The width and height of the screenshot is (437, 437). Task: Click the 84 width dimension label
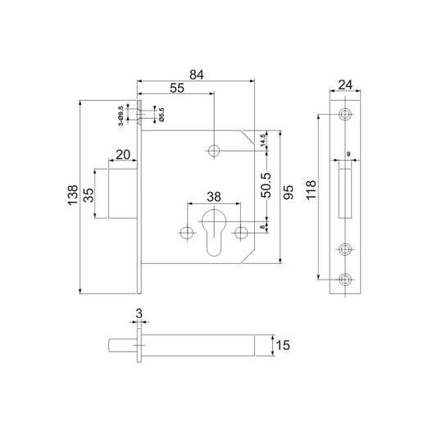[197, 75]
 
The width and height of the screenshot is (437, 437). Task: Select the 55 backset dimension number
[177, 88]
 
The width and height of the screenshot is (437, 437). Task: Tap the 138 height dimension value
[73, 195]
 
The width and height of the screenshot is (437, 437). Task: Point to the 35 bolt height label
[89, 195]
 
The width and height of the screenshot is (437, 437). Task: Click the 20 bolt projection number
[123, 155]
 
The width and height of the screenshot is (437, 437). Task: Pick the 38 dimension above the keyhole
[214, 197]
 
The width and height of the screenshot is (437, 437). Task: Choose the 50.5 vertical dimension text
[266, 185]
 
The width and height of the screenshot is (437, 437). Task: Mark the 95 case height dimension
[288, 192]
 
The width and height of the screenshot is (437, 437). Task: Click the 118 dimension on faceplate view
[311, 189]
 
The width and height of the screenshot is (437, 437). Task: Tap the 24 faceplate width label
[345, 84]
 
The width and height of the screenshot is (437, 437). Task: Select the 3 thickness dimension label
[139, 314]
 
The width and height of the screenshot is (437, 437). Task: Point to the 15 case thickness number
[283, 345]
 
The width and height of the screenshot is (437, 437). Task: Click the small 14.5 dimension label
[262, 140]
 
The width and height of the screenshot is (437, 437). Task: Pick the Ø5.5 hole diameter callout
[162, 114]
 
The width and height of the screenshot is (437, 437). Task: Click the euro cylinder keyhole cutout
[214, 233]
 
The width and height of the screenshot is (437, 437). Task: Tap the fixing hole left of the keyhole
[187, 232]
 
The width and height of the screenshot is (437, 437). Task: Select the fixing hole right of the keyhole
[241, 232]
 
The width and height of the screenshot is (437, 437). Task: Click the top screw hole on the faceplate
[345, 114]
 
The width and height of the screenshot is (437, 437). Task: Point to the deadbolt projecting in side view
[123, 193]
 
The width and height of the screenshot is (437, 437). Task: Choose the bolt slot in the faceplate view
[345, 193]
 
